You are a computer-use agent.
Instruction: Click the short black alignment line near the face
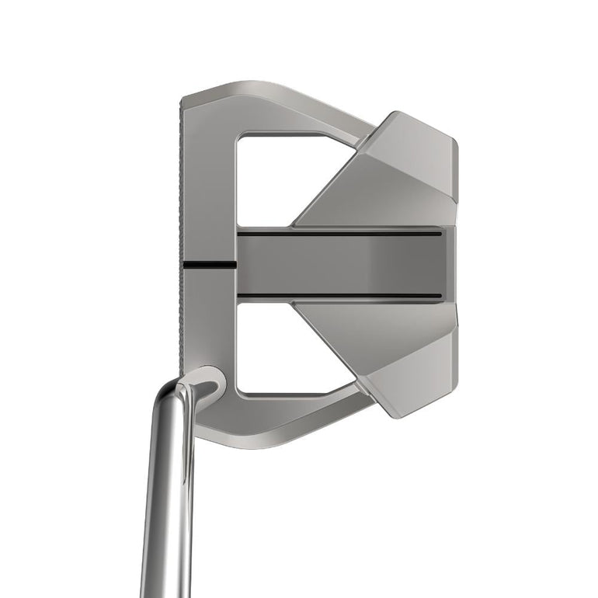coord(210,266)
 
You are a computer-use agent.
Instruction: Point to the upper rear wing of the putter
coord(388,171)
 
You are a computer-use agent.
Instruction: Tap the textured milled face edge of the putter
coord(183,233)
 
